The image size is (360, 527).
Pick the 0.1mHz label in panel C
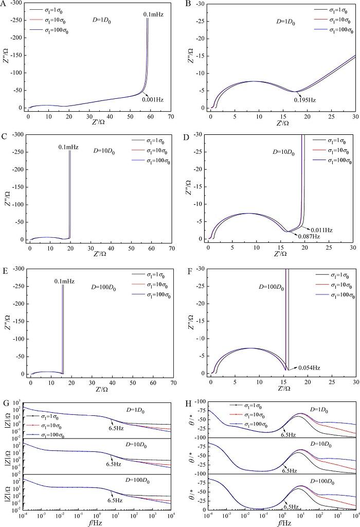[x=68, y=147]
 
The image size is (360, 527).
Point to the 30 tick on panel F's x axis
[x=355, y=383]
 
